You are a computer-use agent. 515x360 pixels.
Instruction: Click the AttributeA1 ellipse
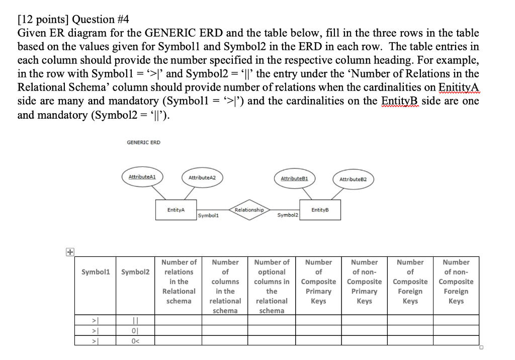click(142, 177)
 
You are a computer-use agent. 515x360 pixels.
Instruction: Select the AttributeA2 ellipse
click(198, 178)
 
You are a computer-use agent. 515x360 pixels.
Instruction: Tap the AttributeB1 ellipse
click(294, 178)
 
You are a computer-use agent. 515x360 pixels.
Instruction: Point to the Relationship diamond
click(249, 210)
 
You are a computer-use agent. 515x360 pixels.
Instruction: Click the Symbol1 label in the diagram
click(208, 216)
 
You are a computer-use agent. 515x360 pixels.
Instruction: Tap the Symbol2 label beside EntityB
click(287, 215)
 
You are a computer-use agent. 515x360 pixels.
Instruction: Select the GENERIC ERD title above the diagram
click(143, 142)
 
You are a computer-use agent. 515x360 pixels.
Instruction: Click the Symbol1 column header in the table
click(95, 272)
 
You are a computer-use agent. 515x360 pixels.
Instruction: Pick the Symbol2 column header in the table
click(135, 272)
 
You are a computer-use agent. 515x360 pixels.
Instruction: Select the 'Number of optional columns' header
click(272, 286)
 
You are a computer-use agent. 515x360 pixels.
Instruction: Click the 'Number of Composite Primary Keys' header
click(318, 282)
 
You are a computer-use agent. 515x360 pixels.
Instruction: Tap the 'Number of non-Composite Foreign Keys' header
click(456, 282)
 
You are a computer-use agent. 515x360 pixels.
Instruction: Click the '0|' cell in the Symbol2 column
click(135, 330)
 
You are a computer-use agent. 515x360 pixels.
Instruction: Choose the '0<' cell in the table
click(135, 340)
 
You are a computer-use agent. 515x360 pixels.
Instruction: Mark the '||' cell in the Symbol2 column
click(135, 320)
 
